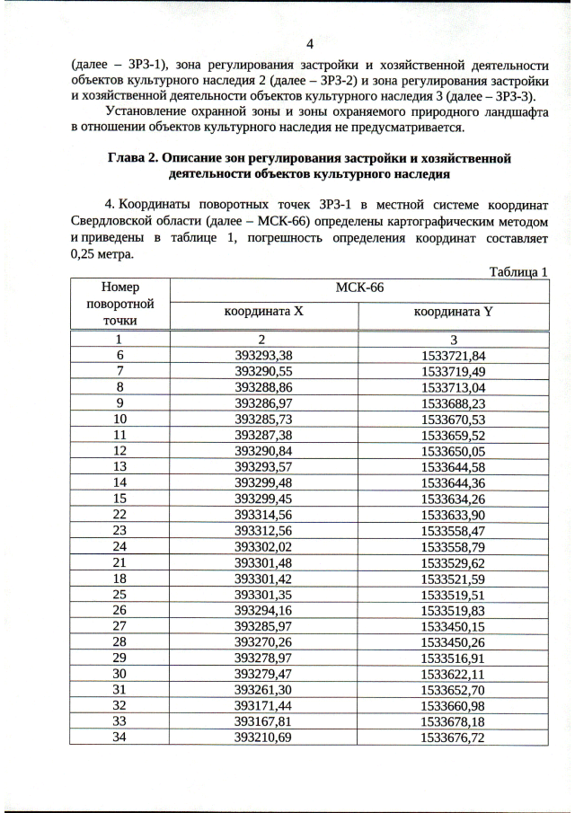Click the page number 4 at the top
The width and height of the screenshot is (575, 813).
click(309, 44)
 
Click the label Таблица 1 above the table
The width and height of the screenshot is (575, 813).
click(518, 271)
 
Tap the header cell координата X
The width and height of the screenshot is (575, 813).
click(263, 312)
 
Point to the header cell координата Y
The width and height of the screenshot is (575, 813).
click(453, 312)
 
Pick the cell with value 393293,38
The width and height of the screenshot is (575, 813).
click(263, 355)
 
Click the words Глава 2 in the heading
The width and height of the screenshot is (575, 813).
click(134, 158)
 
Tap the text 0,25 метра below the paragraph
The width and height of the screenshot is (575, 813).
click(102, 254)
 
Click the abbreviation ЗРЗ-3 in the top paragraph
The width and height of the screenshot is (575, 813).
click(512, 96)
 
